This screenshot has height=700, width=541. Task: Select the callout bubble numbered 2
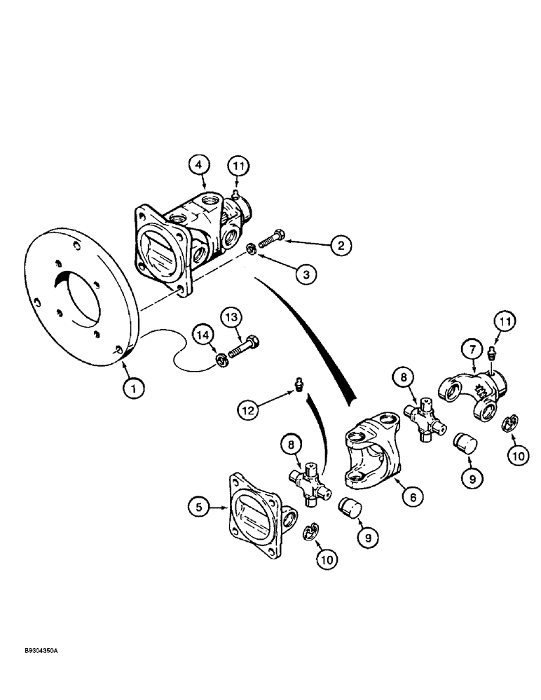(x=341, y=245)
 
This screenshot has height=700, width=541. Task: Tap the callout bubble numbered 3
(x=301, y=275)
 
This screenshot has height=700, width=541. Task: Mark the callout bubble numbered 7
(x=471, y=346)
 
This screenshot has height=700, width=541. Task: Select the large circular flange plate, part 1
(x=77, y=301)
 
